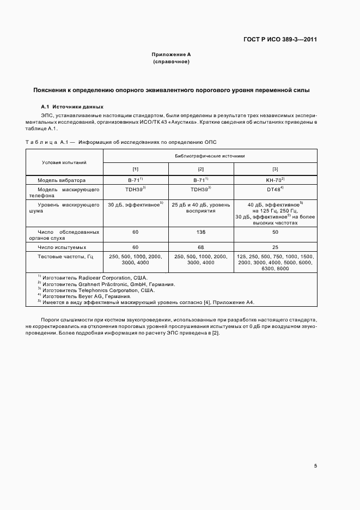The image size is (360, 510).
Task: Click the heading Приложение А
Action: tap(171, 55)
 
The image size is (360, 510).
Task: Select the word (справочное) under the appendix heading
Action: tap(171, 62)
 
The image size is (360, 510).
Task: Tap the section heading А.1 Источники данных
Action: tap(72, 107)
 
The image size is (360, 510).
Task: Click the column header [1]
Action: tap(136, 169)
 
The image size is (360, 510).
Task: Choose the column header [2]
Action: tap(201, 169)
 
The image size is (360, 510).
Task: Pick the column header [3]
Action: tap(275, 169)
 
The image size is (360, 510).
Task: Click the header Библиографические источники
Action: tap(210, 156)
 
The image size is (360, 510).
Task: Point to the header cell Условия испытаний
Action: tap(64, 162)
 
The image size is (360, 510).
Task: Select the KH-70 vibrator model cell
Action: tap(276, 180)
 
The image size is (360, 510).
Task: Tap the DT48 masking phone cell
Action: tap(276, 190)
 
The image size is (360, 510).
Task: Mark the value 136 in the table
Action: tap(201, 232)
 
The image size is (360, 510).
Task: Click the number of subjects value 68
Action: tap(201, 247)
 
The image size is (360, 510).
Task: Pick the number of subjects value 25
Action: tap(275, 247)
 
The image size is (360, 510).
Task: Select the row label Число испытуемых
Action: tap(62, 247)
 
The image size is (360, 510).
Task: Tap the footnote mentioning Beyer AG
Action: tap(86, 296)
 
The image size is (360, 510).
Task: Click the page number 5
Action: tap(315, 465)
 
